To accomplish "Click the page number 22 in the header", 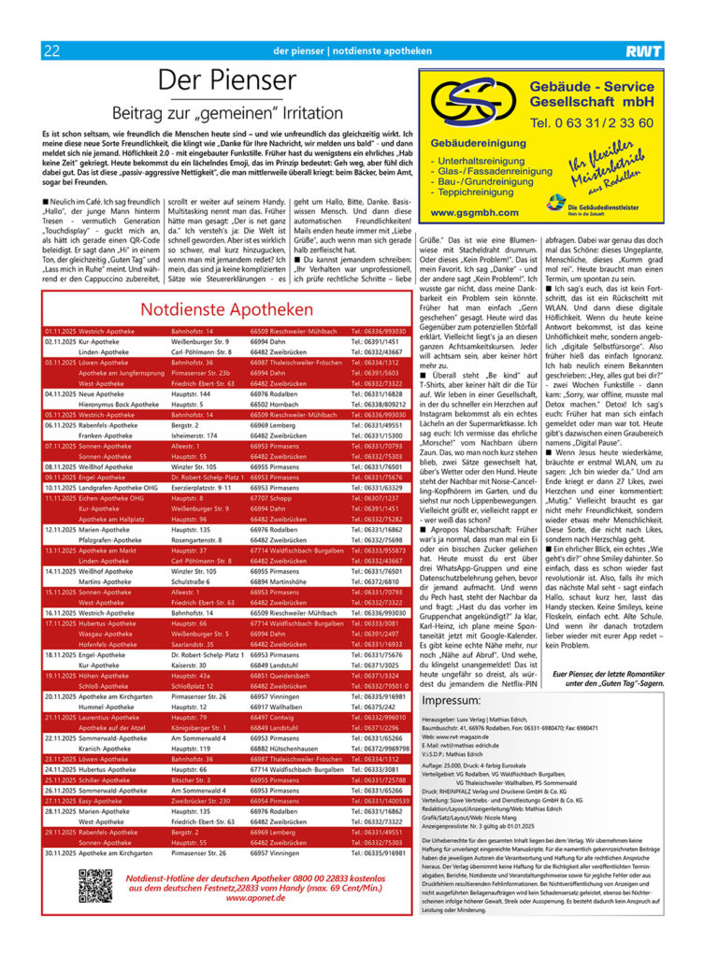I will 51,50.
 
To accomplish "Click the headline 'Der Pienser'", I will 226,80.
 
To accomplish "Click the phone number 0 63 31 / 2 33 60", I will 592,122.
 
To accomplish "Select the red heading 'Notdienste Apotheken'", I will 226,309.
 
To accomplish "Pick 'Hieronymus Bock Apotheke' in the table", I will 121,405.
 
